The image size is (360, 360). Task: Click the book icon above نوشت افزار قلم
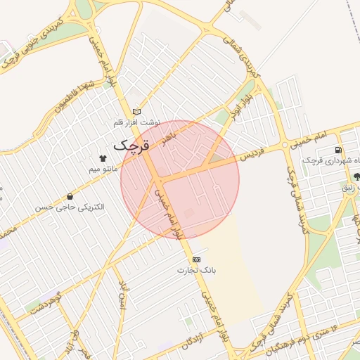click(136, 111)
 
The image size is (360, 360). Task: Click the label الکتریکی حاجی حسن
click(70, 207)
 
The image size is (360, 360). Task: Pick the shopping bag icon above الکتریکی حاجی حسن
click(70, 196)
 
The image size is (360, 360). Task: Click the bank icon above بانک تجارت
click(196, 259)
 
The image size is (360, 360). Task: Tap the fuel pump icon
click(339, 150)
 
